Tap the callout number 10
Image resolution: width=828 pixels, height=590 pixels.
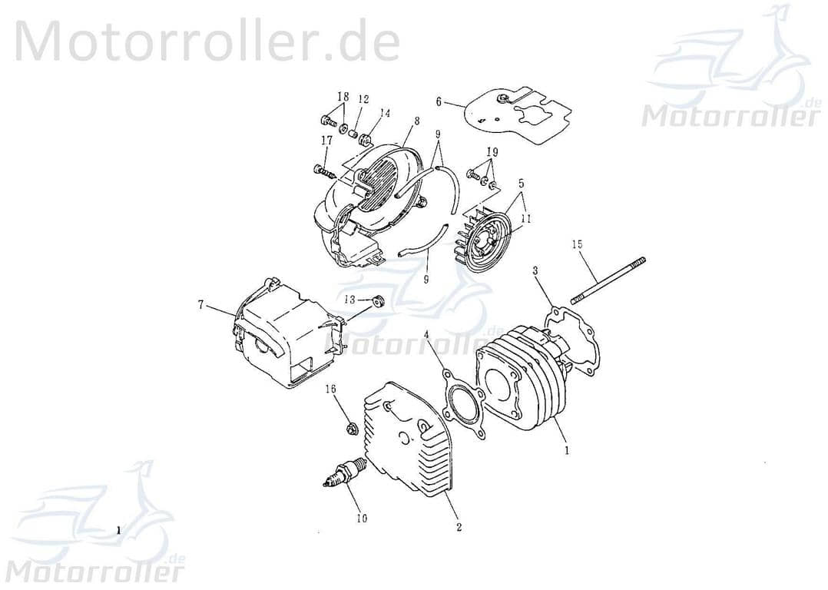tap(362, 518)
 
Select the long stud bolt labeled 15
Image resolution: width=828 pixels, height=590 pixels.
tap(608, 282)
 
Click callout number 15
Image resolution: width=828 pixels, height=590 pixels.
tap(577, 244)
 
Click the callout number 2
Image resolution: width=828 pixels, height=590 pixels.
tap(459, 527)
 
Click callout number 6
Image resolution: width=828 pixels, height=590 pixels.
tap(439, 101)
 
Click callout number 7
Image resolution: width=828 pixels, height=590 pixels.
tap(200, 305)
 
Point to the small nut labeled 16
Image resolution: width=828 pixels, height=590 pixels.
tap(350, 429)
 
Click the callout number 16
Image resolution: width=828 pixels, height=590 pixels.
tap(331, 389)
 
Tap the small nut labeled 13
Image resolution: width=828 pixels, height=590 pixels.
tap(377, 300)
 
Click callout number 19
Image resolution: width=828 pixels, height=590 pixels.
tap(492, 152)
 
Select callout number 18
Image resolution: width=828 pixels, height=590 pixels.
tap(343, 97)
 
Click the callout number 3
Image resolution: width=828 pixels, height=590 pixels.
tap(535, 270)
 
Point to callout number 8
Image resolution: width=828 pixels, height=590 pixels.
tap(416, 121)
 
